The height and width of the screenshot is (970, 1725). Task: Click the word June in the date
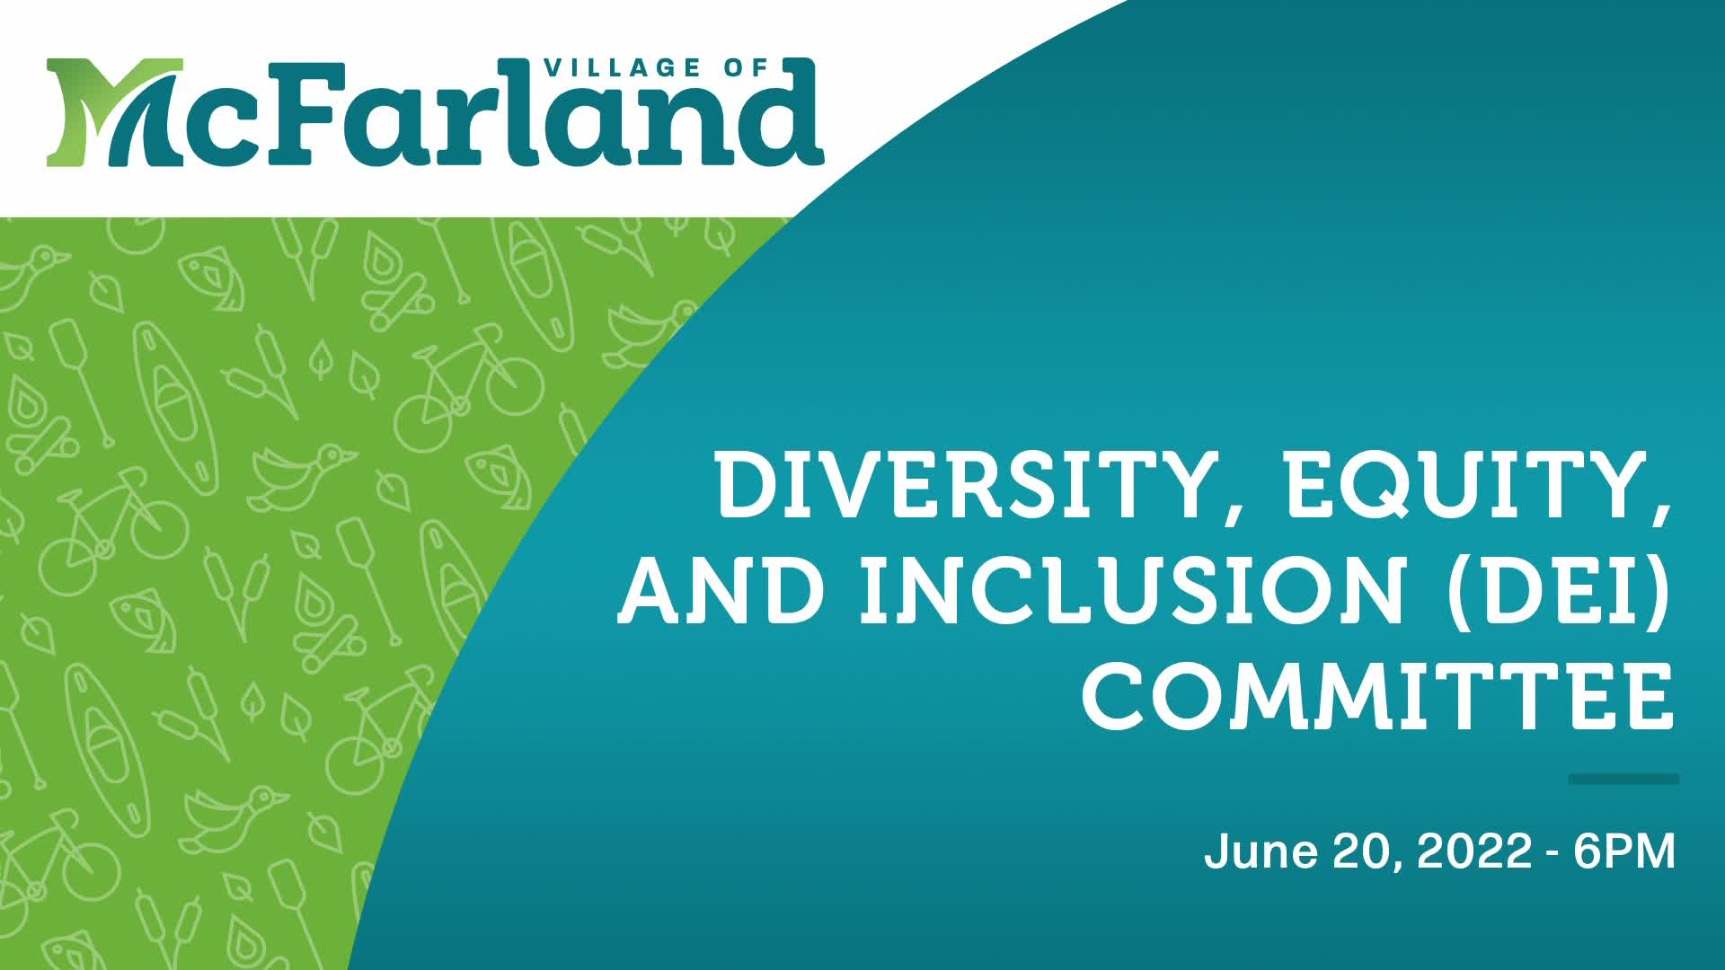click(1261, 851)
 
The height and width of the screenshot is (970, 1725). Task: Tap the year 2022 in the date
click(1473, 851)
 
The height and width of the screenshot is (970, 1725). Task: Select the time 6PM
click(1624, 851)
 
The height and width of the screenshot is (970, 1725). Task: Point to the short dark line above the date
click(1623, 779)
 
